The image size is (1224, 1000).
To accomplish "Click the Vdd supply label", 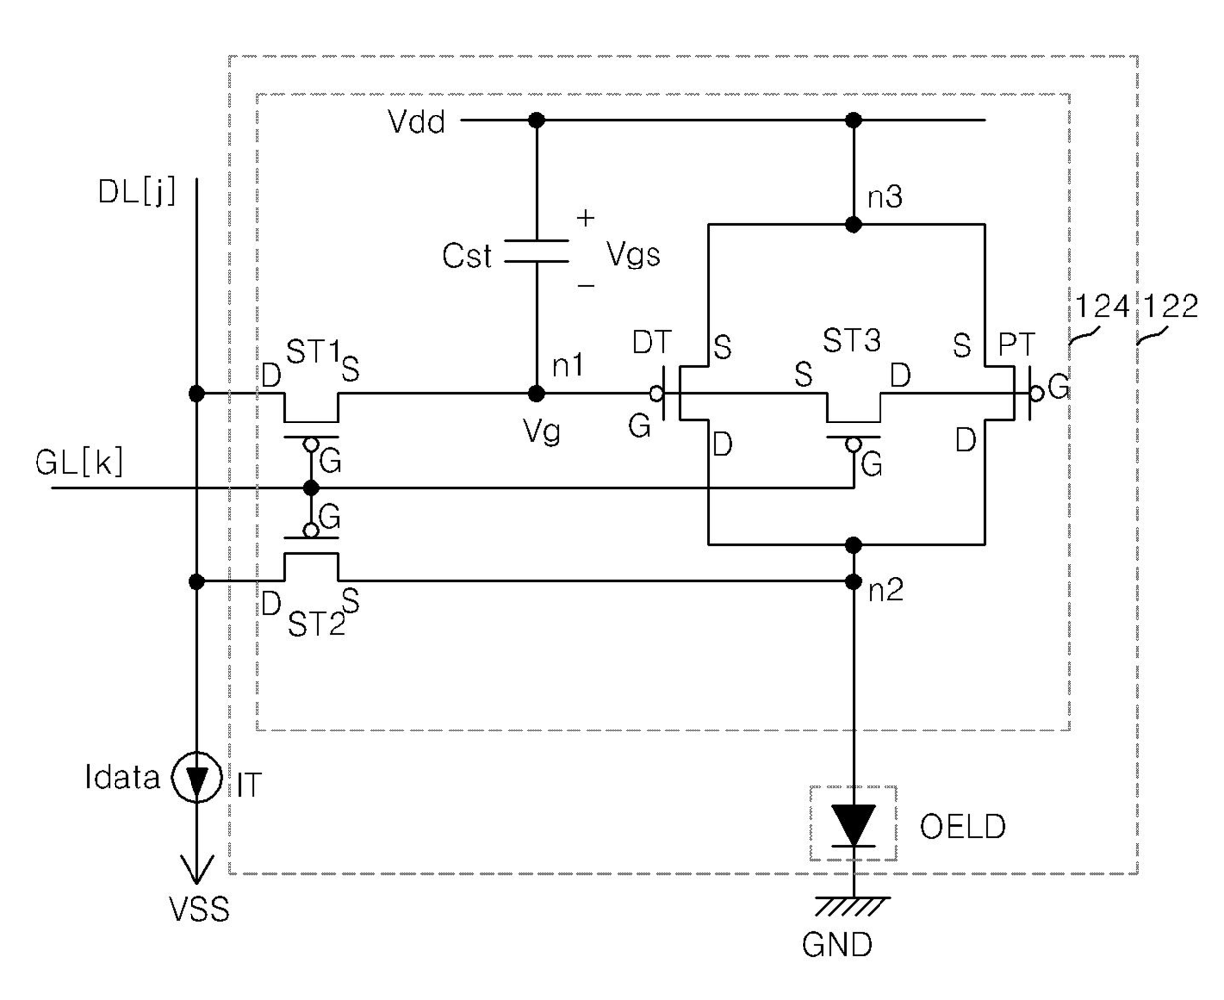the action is (x=417, y=121).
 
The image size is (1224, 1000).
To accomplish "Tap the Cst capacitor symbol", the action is (x=536, y=251).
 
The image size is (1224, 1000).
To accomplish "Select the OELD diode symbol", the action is (x=853, y=824).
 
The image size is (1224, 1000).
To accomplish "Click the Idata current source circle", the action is (x=196, y=777).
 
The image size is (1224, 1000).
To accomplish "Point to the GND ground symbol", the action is (x=853, y=906).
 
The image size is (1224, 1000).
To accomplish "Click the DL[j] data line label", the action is (x=136, y=192).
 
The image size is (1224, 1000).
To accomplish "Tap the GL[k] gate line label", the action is (x=80, y=463).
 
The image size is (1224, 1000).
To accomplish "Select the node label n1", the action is (x=568, y=366).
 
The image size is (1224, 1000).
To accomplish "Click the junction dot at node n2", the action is (x=853, y=581).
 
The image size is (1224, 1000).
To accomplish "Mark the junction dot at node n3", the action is (x=853, y=225).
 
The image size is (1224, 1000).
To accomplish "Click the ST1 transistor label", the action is (x=313, y=351).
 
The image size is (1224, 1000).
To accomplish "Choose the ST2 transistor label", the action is (x=316, y=624).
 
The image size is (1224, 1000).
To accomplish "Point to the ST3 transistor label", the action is (x=852, y=341).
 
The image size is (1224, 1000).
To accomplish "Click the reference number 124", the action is (x=1103, y=306).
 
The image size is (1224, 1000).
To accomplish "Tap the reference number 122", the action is (x=1171, y=306).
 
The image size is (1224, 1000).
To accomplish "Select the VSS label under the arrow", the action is (x=199, y=909).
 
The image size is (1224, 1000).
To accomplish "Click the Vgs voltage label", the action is (x=633, y=255).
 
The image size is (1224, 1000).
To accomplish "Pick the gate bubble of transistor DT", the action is (x=656, y=394).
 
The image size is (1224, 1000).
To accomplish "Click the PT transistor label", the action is (x=1017, y=345).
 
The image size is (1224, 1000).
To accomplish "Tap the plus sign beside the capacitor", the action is (x=586, y=218).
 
